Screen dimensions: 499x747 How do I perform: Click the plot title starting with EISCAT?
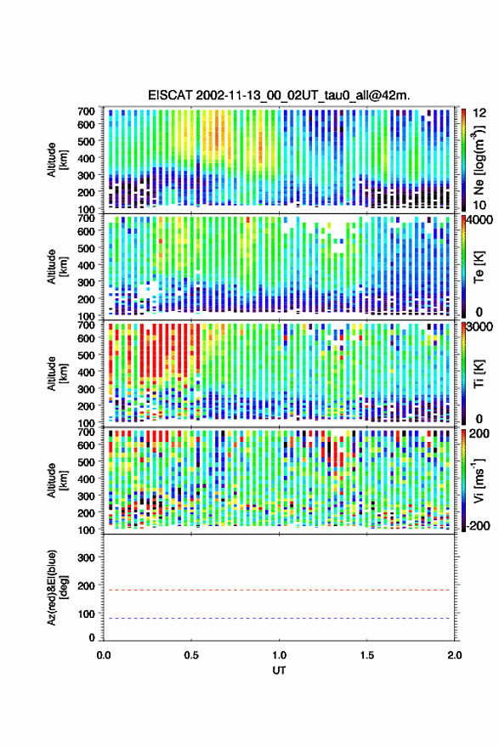(279, 95)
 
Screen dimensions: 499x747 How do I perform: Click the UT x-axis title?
(279, 671)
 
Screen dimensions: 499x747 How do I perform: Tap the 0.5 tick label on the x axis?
(191, 655)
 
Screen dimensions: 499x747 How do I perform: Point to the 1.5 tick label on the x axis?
(367, 655)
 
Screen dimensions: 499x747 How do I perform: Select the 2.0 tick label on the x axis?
(454, 655)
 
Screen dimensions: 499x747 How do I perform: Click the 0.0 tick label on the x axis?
(104, 655)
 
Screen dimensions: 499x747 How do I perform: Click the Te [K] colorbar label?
(479, 267)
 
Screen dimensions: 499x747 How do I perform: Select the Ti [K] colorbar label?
(479, 374)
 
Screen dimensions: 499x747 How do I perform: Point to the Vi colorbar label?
(478, 480)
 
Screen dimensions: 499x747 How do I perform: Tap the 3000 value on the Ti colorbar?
(480, 327)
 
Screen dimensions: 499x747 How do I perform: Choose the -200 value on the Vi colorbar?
(479, 525)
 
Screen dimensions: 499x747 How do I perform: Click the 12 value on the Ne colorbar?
(479, 113)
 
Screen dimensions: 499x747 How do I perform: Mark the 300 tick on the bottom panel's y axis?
(86, 557)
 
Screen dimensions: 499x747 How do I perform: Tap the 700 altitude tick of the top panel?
(86, 111)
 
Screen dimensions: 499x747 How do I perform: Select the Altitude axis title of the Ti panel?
(57, 374)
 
